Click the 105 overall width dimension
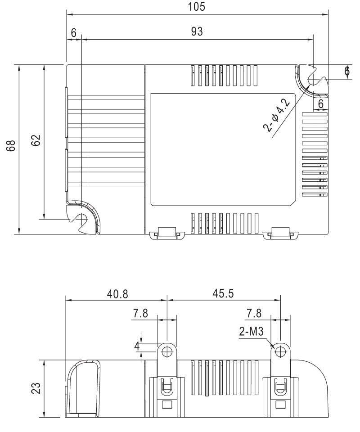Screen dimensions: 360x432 [x=197, y=7]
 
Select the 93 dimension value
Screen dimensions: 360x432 [x=197, y=31]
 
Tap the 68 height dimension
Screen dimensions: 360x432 [x=11, y=145]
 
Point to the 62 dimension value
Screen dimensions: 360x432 [x=36, y=140]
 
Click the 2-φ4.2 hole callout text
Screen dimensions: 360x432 [x=277, y=115]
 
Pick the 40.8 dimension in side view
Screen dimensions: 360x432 [x=117, y=294]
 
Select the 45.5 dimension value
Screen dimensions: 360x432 [x=223, y=293]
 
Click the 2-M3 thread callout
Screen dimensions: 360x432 [x=251, y=331]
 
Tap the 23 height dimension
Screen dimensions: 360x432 [x=36, y=388]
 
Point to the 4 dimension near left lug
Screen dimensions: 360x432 [x=137, y=346]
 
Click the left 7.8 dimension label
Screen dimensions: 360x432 [x=140, y=314]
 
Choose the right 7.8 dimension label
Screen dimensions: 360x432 [x=254, y=314]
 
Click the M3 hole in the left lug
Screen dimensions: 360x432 [x=166, y=351]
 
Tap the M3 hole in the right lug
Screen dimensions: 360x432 [x=280, y=351]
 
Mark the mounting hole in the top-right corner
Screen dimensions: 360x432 [x=314, y=80]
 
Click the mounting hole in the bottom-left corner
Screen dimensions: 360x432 [x=82, y=219]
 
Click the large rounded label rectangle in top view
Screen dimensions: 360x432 [x=223, y=149]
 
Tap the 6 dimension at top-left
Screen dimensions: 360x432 [x=73, y=33]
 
